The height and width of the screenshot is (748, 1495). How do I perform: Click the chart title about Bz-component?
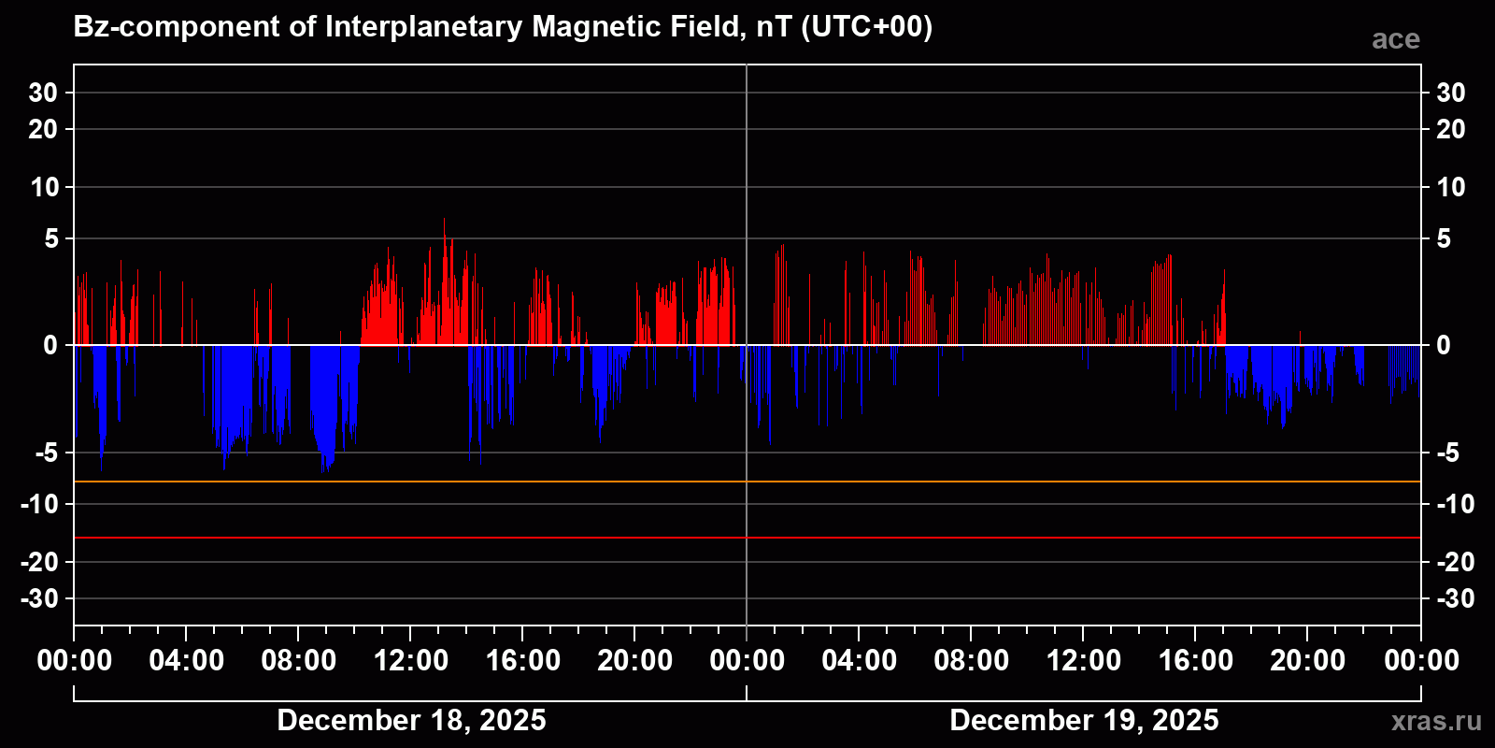503,26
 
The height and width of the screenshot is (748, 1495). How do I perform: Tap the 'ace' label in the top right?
1395,39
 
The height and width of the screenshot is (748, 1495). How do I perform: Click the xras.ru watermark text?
1436,721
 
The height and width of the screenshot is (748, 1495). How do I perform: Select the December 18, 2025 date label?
411,720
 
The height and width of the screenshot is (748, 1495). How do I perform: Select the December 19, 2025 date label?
1084,720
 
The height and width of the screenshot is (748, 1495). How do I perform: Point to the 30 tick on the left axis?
43,93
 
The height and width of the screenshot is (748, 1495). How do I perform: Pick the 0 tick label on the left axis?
50,346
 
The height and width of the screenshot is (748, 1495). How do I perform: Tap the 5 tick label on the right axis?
1444,239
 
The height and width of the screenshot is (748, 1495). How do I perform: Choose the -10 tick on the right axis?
1455,504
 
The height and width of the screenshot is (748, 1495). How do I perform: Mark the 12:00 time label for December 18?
411,661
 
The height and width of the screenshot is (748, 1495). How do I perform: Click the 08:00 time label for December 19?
972,661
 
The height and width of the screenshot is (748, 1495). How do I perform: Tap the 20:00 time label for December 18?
635,661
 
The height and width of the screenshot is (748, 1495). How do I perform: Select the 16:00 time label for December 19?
1196,661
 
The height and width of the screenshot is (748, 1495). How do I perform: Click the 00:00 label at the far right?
1421,661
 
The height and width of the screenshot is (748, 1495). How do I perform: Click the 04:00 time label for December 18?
187,661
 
